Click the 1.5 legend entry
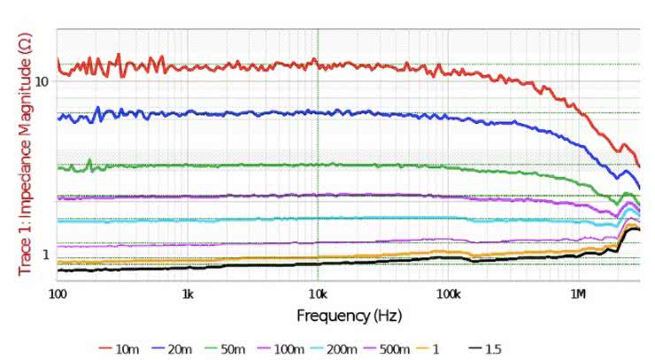(493, 349)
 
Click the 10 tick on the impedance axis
(40, 81)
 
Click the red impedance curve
(266, 65)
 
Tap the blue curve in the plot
(266, 113)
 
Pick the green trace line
(266, 165)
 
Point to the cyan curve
(266, 218)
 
